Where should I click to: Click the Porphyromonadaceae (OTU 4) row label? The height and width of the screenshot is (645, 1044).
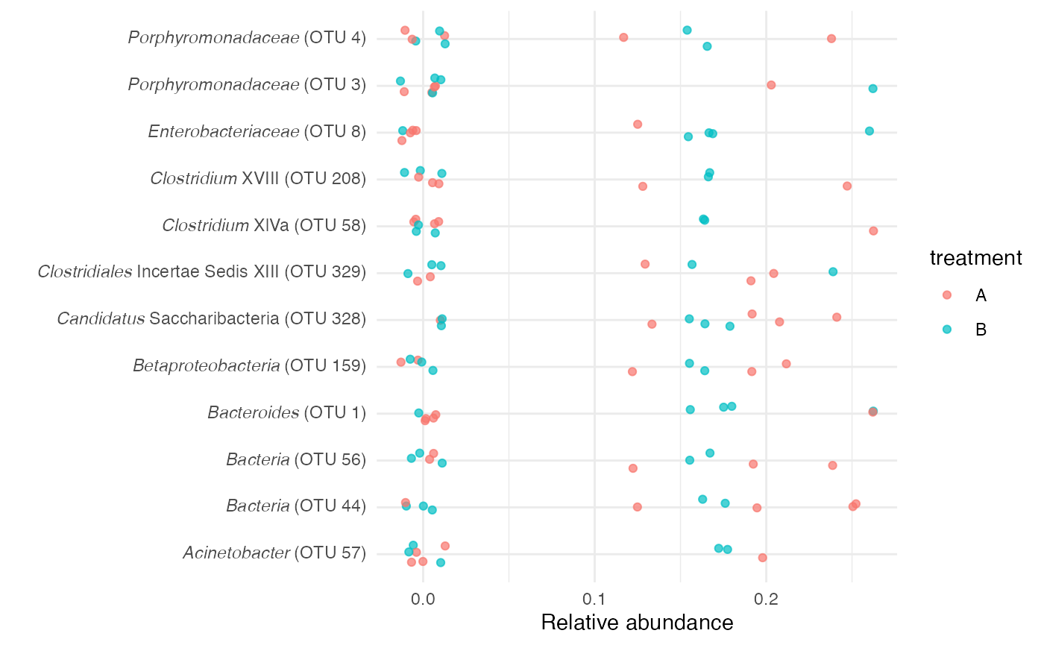pyautogui.click(x=247, y=38)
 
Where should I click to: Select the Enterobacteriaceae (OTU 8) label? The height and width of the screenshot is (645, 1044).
pyautogui.click(x=257, y=132)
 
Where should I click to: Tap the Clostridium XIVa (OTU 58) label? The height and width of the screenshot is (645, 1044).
pyautogui.click(x=264, y=225)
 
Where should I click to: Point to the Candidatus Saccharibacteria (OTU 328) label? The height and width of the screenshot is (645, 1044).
pyautogui.click(x=211, y=319)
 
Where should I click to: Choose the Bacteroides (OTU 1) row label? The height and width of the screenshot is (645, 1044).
pyautogui.click(x=286, y=413)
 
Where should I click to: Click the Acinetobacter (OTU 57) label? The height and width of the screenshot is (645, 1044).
pyautogui.click(x=274, y=553)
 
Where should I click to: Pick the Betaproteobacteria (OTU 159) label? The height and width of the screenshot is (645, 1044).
pyautogui.click(x=249, y=366)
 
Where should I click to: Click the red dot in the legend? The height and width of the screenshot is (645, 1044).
pyautogui.click(x=947, y=295)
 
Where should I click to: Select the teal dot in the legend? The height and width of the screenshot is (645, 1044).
pyautogui.click(x=947, y=329)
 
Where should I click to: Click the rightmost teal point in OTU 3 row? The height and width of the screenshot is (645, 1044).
pyautogui.click(x=872, y=89)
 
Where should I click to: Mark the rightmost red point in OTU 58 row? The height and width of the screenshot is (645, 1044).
pyautogui.click(x=873, y=231)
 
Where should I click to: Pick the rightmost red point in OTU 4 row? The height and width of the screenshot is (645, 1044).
pyautogui.click(x=831, y=39)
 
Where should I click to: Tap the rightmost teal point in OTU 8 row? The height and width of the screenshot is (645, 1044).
pyautogui.click(x=869, y=131)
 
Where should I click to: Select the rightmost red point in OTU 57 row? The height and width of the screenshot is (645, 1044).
pyautogui.click(x=762, y=558)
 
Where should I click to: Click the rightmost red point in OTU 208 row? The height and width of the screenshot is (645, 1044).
pyautogui.click(x=847, y=186)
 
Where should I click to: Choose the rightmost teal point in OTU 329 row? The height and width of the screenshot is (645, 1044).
pyautogui.click(x=833, y=271)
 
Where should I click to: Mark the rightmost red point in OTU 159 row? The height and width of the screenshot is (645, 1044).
pyautogui.click(x=786, y=364)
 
